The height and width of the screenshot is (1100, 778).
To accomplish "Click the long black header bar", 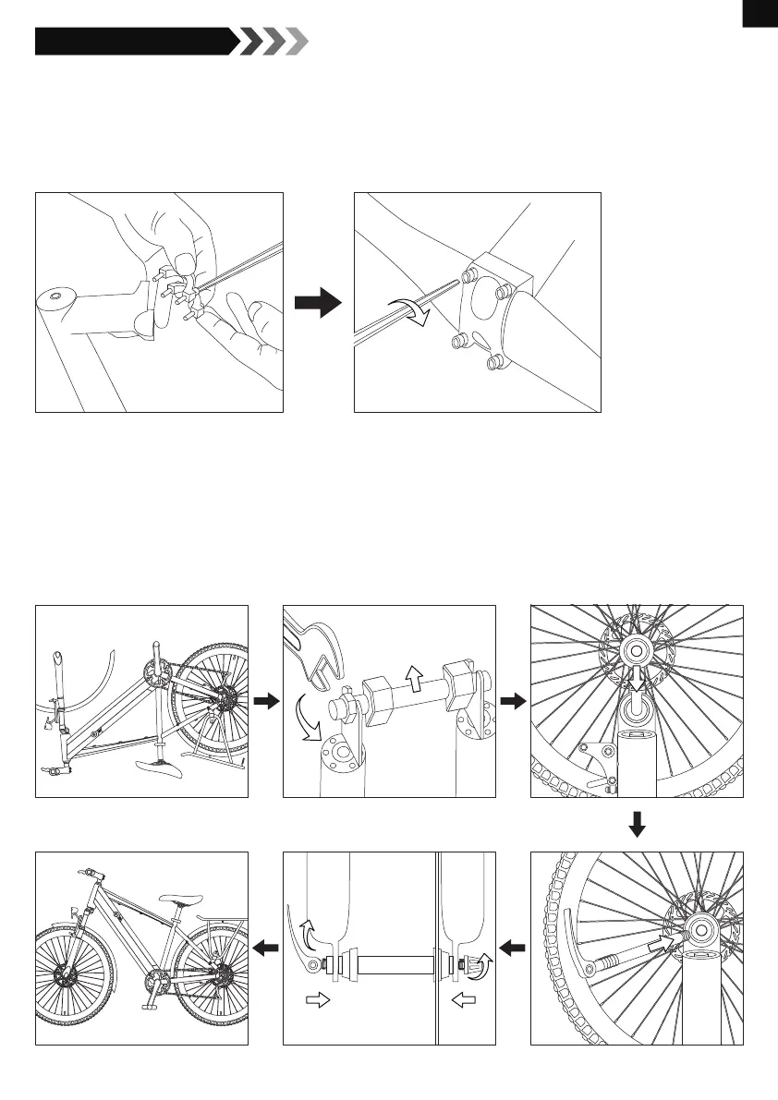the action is (134, 42).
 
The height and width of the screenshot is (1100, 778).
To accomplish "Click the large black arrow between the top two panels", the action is (318, 304).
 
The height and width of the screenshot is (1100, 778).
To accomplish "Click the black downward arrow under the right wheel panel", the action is (637, 823).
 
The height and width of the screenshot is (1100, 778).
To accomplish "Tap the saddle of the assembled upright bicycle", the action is (180, 898).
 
